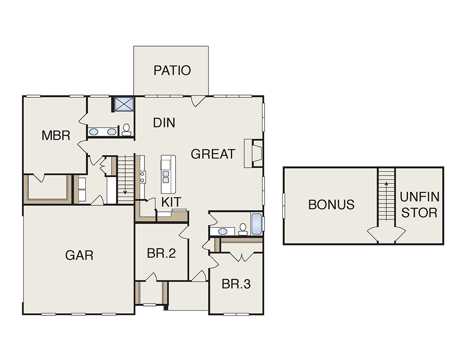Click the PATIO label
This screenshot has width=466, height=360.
click(172, 70)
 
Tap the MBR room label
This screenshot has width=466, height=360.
click(56, 136)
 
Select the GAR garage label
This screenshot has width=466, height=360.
click(79, 255)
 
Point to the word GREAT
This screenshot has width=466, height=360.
click(213, 154)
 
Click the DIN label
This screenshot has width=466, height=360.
click(164, 122)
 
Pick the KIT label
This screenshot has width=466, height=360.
click(171, 202)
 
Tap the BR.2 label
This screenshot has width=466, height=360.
click(161, 253)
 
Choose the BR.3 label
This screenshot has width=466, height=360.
click(236, 284)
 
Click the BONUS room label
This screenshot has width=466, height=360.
click(331, 204)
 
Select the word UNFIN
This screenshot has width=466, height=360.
click(419, 197)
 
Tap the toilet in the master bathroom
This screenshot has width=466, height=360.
click(126, 130)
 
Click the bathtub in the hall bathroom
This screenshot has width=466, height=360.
click(256, 224)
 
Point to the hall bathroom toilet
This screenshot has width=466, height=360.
click(243, 229)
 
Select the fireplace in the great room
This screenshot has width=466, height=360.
click(254, 153)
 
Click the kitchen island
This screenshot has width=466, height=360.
click(168, 174)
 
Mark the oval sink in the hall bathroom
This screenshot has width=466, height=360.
click(223, 231)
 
